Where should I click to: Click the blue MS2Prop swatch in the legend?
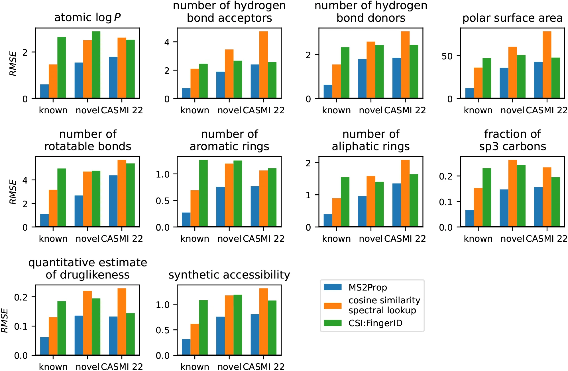333,287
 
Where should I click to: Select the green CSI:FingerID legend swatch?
333,323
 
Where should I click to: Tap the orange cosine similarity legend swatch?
333,306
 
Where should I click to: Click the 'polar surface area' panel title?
512,18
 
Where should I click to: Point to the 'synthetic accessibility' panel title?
229,275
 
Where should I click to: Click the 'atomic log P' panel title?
87,18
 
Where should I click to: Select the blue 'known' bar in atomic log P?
44,91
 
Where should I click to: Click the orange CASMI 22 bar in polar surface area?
547,65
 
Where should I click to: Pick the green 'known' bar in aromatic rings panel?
203,193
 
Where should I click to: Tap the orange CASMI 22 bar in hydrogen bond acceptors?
263,65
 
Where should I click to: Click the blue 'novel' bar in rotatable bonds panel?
79,211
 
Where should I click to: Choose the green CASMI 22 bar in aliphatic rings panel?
414,200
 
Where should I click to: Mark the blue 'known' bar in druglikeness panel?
44,346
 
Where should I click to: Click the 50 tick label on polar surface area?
447,57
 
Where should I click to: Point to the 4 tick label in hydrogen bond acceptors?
167,42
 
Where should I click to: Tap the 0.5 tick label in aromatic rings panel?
162,201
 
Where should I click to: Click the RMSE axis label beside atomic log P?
13,63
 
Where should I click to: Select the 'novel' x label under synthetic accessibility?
229,366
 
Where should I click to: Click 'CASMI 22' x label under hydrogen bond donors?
405,110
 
